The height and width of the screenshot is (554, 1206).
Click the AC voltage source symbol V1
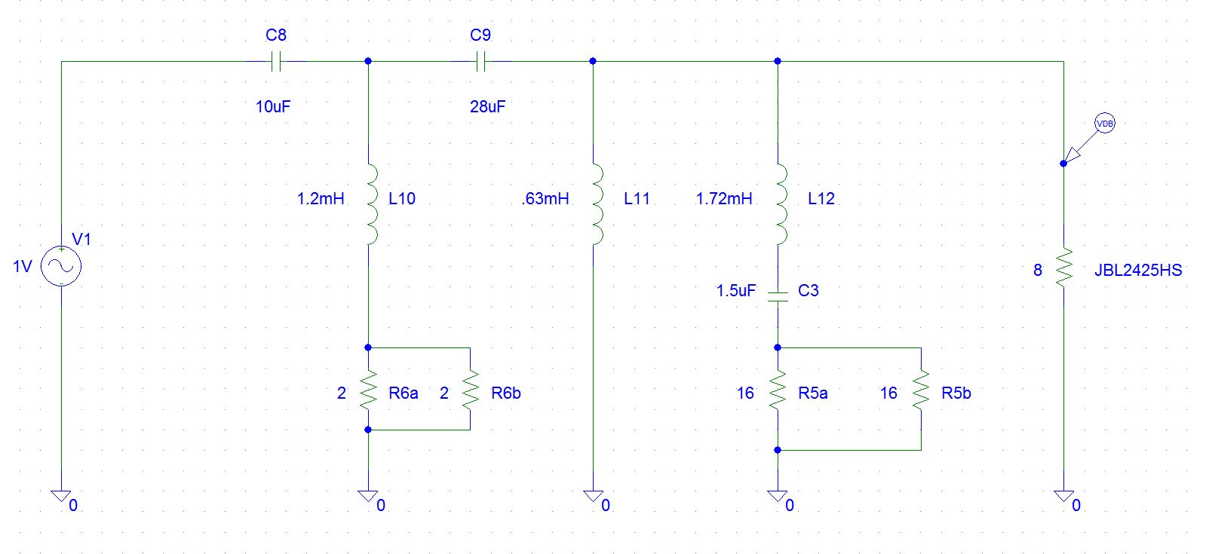pyautogui.click(x=61, y=266)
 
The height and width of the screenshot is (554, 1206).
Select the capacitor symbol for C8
pyautogui.click(x=275, y=61)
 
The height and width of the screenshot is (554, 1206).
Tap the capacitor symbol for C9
pyautogui.click(x=480, y=61)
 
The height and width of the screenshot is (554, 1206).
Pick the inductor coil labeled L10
pyautogui.click(x=372, y=204)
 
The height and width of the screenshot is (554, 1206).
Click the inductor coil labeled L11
pyautogui.click(x=597, y=204)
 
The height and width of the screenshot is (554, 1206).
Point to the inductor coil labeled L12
pyautogui.click(x=781, y=204)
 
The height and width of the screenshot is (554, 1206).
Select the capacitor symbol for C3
pyautogui.click(x=778, y=296)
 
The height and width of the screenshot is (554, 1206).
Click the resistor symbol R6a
pyautogui.click(x=368, y=389)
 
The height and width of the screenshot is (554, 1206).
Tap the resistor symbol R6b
pyautogui.click(x=470, y=389)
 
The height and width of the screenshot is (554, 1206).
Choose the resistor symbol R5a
pyautogui.click(x=778, y=389)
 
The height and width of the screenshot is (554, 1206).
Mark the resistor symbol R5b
pyautogui.click(x=921, y=389)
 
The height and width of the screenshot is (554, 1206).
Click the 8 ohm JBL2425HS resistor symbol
pyautogui.click(x=1063, y=268)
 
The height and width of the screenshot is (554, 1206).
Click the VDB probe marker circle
pyautogui.click(x=1105, y=124)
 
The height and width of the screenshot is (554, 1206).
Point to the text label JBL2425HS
pyautogui.click(x=1138, y=270)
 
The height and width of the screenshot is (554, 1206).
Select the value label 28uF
pyautogui.click(x=487, y=106)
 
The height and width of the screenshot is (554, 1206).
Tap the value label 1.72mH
pyautogui.click(x=724, y=198)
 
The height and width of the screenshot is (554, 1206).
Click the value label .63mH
pyautogui.click(x=545, y=198)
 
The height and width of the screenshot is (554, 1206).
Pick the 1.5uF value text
pyautogui.click(x=735, y=290)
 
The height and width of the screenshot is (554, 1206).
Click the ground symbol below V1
pyautogui.click(x=61, y=496)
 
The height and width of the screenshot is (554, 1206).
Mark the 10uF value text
pyautogui.click(x=273, y=106)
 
